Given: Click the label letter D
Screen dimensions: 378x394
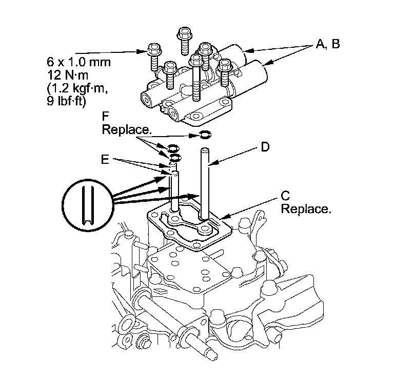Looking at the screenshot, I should (265, 148).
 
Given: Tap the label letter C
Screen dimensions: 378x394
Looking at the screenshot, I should (286, 196).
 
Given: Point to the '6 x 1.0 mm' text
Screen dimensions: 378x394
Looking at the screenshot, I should (78, 62).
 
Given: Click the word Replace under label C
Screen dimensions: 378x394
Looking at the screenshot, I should (306, 209).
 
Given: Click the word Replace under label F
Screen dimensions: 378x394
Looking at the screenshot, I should (127, 129).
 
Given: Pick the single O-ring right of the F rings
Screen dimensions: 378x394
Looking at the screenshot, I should (206, 135).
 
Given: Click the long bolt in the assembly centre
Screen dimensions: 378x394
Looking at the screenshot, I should (196, 77).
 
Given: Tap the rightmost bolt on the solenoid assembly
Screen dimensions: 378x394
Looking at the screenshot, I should (224, 72).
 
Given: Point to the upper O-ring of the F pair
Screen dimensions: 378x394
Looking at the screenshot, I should (173, 148).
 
